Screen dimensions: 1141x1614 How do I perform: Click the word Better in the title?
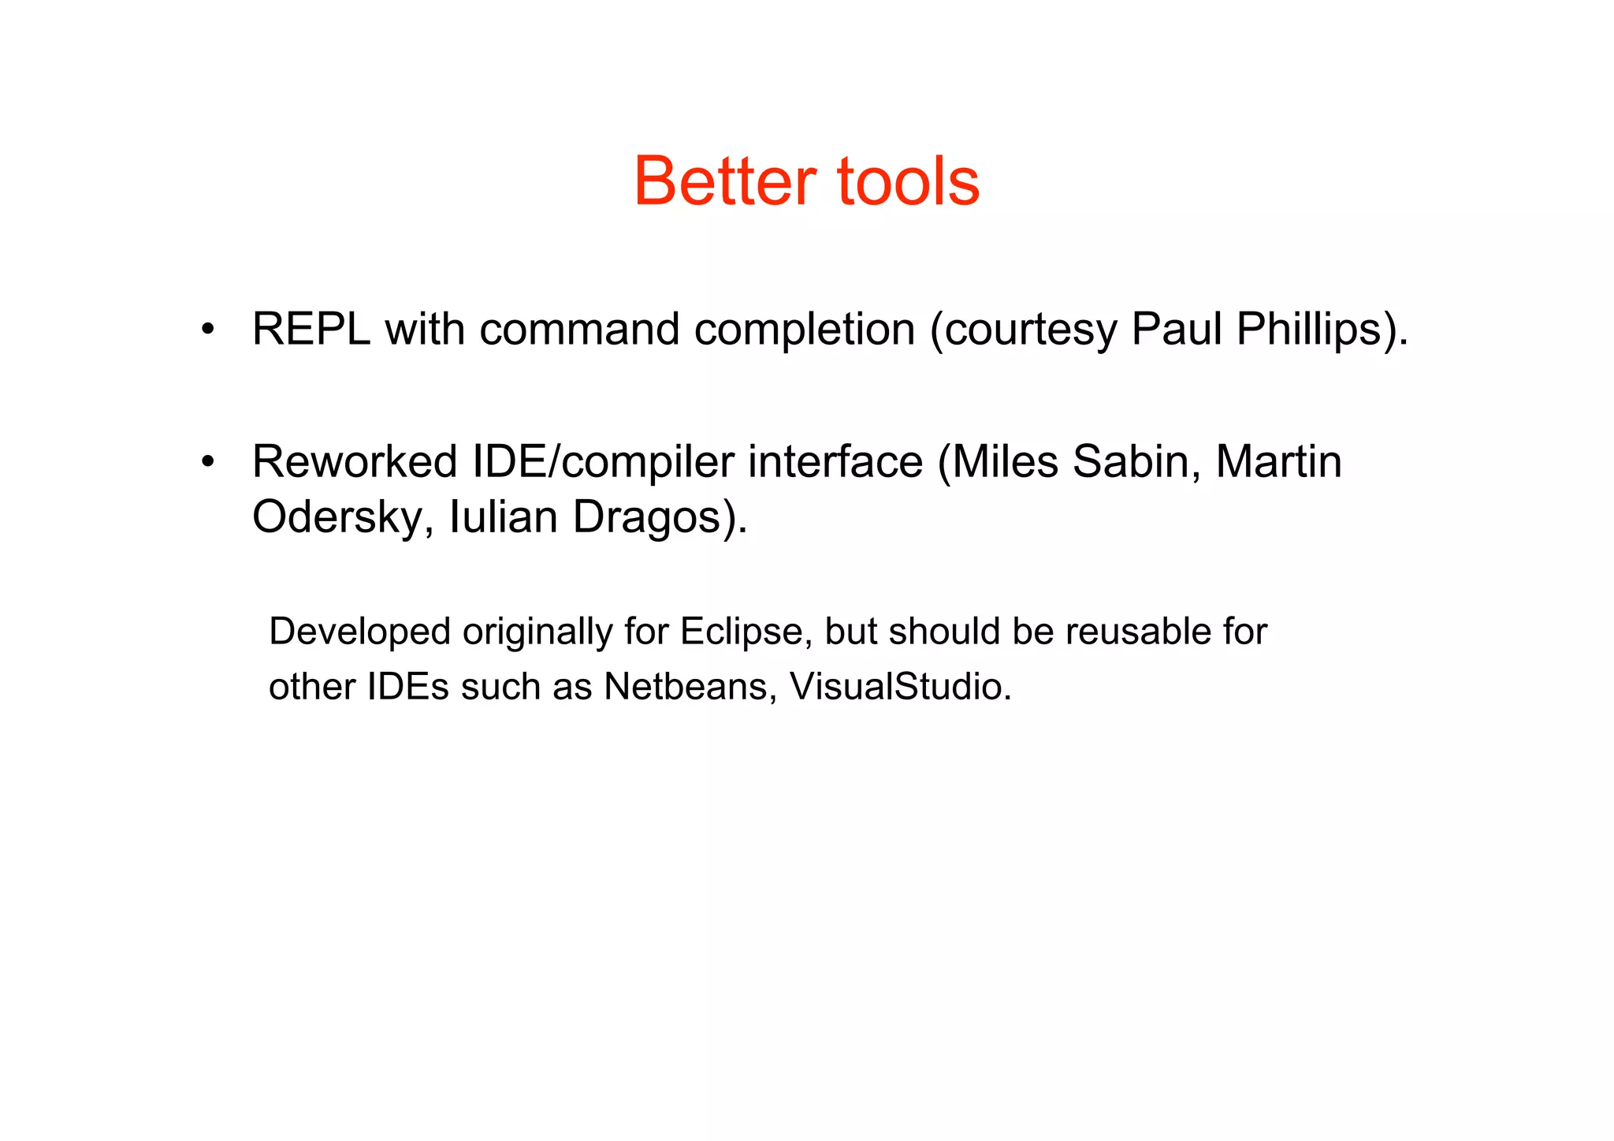tap(724, 182)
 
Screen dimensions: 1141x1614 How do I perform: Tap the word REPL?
tap(311, 329)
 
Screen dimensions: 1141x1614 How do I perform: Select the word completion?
tap(804, 330)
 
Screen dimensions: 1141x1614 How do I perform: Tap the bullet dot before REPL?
tap(207, 329)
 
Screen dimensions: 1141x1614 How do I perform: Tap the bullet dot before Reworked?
tap(207, 461)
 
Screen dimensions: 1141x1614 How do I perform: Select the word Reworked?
tap(355, 461)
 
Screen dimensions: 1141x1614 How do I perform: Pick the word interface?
tap(835, 461)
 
